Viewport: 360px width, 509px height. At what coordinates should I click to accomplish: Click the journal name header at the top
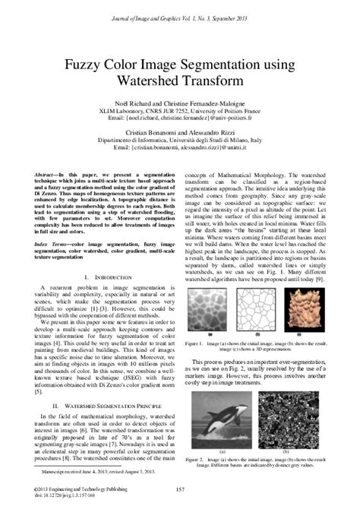[x=180, y=8]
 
